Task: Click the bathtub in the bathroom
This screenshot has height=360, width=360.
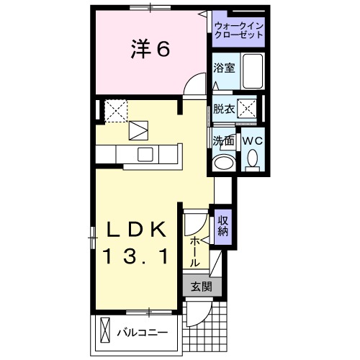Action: tap(253, 71)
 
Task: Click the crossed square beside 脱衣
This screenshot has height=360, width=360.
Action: tap(248, 109)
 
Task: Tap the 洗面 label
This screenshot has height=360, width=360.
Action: tap(222, 141)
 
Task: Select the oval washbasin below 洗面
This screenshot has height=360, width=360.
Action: tap(225, 161)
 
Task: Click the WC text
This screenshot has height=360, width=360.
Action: tap(251, 141)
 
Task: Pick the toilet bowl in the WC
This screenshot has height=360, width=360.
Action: tap(252, 158)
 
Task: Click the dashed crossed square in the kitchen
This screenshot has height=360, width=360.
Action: tap(116, 112)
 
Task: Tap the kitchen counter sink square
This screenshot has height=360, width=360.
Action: tap(145, 154)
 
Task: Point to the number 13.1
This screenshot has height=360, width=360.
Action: tap(138, 256)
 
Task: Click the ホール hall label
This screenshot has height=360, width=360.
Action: tap(195, 252)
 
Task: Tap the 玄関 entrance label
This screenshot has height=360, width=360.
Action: tap(201, 286)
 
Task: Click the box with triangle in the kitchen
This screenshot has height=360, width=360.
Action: tap(138, 130)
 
